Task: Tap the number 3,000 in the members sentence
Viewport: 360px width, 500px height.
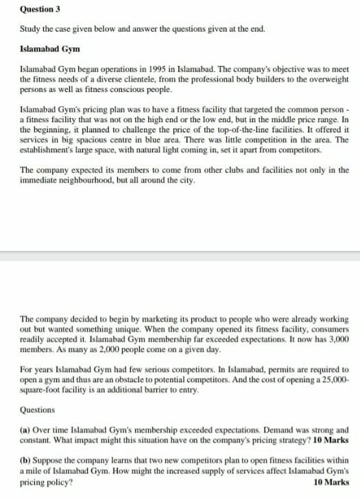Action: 337,340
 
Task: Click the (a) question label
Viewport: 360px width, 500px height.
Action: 25,429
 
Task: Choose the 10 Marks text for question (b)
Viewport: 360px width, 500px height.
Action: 331,482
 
